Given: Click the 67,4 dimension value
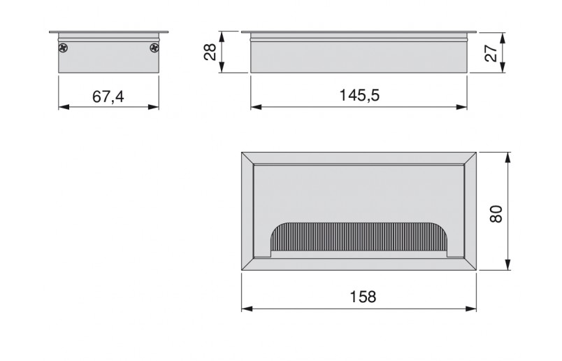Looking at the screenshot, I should point(108,97).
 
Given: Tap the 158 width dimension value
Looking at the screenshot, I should point(361,297).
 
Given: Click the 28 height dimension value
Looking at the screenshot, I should point(208,52).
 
